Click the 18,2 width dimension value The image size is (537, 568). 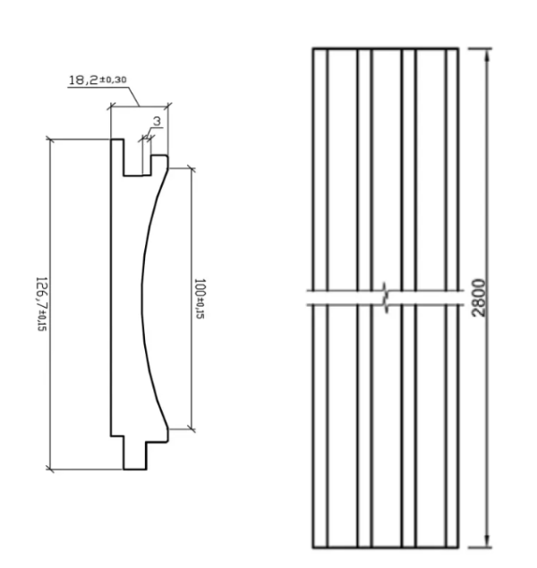(83, 80)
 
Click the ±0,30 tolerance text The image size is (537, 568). (113, 80)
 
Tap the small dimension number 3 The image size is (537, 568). (157, 122)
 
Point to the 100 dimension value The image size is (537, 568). (200, 288)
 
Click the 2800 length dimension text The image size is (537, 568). (479, 298)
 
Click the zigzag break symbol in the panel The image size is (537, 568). (387, 298)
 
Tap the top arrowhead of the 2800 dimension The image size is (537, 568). (488, 55)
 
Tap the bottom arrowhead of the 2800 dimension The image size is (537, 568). (488, 539)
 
